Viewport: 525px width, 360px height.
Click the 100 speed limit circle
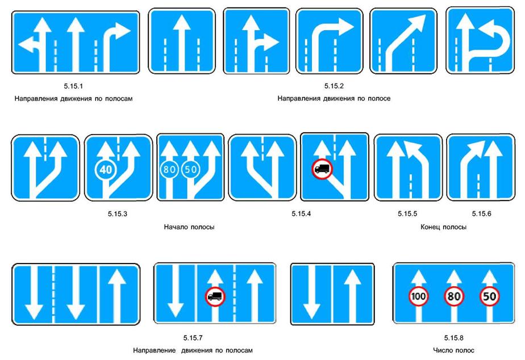coord(418,296)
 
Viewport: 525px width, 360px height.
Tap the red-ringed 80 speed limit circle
coord(453,296)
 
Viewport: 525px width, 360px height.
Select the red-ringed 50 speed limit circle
coord(489,296)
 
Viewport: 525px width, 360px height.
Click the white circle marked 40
coord(106,169)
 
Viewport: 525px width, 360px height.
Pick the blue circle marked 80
coord(169,169)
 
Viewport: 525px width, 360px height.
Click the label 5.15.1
coord(73,86)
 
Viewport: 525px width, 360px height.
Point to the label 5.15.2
coord(334,86)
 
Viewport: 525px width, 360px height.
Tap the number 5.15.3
coord(118,214)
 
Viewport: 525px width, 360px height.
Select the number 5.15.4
coord(301,214)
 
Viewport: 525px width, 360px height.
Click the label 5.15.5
coord(407,214)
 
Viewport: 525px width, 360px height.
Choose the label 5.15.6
coord(481,214)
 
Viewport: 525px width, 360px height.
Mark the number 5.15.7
coord(193,338)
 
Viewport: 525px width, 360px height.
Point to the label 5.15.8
coord(453,338)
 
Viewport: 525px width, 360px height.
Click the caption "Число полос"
coord(453,350)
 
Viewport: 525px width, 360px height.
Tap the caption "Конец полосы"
coord(443,227)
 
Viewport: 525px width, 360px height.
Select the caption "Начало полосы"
coord(189,227)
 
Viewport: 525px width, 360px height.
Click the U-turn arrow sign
coord(480,41)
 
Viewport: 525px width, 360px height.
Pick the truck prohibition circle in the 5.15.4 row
coord(322,169)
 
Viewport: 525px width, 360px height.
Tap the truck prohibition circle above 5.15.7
coord(215,296)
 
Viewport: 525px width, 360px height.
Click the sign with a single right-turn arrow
coord(330,41)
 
